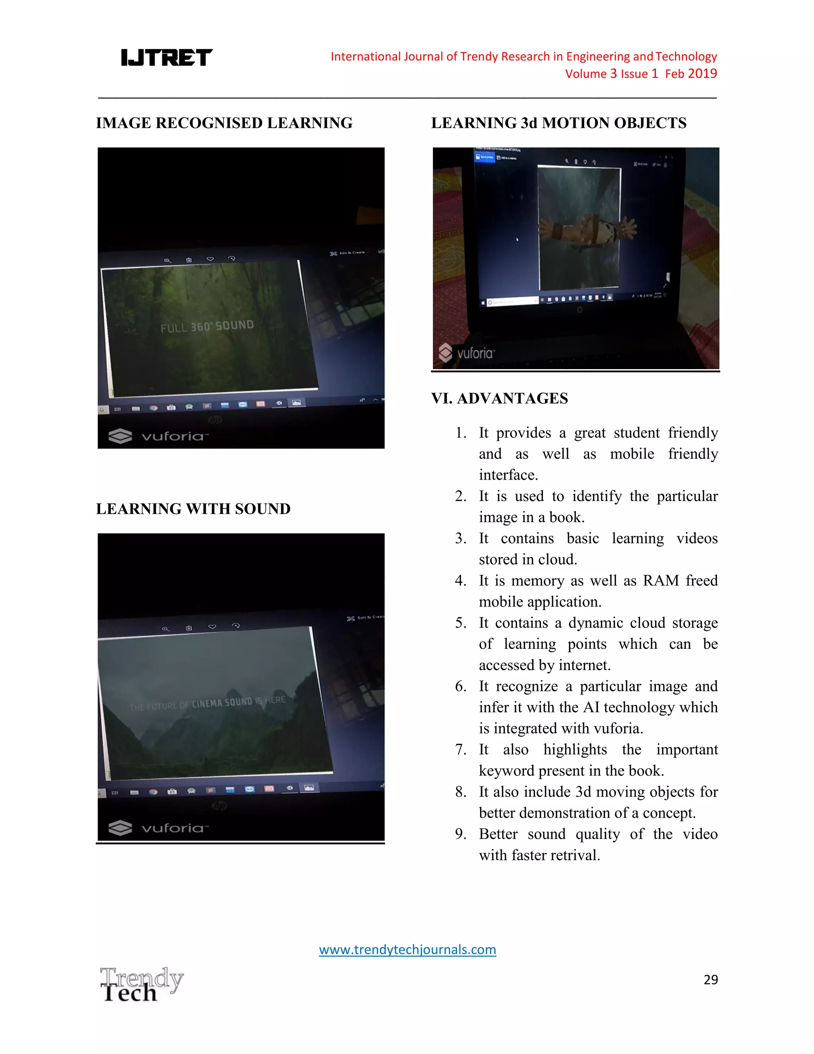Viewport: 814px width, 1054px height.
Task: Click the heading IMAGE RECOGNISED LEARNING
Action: pos(224,123)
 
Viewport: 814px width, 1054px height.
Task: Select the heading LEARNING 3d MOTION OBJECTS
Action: pos(558,123)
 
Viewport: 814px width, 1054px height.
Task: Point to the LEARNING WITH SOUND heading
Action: pos(193,509)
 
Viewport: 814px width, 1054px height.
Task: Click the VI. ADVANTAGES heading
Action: pos(500,398)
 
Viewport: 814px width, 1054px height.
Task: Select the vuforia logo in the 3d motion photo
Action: pos(466,353)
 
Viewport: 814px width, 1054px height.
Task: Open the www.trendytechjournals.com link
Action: pos(407,949)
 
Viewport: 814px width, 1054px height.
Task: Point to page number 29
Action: pos(710,979)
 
